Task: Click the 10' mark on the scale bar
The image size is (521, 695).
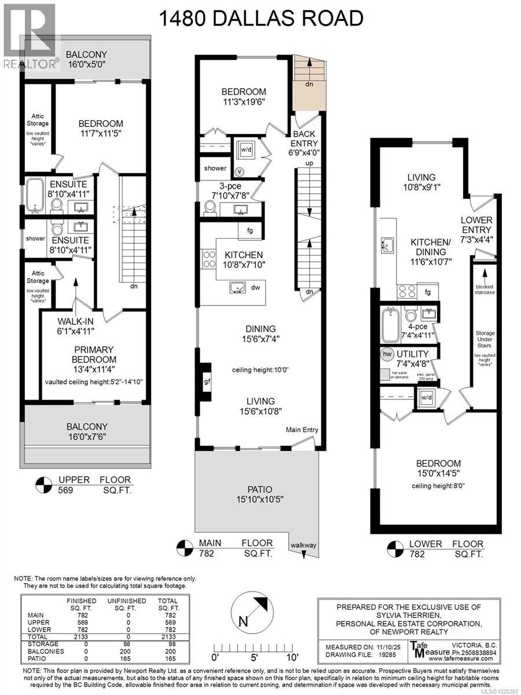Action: (292, 657)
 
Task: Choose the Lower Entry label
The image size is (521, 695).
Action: (476, 225)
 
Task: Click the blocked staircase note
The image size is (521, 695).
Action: (485, 290)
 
